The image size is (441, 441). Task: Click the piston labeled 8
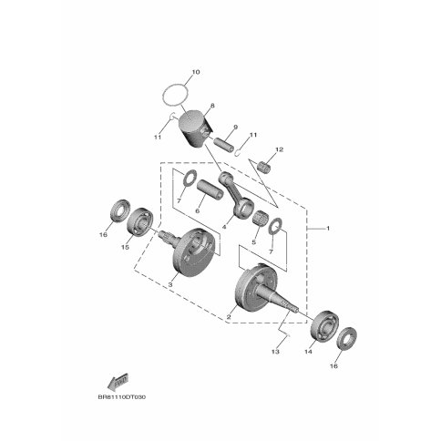click(x=194, y=128)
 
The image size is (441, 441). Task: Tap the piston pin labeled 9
click(x=224, y=145)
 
